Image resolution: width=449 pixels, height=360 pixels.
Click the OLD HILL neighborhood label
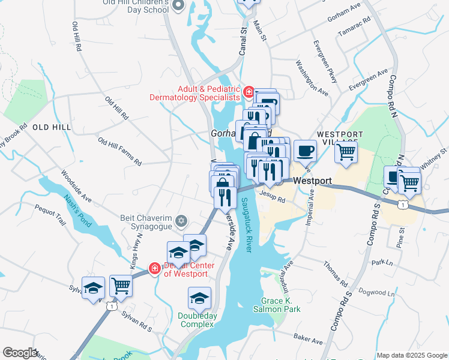[52, 127]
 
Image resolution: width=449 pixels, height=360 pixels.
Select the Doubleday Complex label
[196, 320]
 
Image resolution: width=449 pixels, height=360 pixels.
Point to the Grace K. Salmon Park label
[280, 305]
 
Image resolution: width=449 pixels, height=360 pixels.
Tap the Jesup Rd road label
[273, 196]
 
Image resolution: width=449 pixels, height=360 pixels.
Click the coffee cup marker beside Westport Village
[305, 150]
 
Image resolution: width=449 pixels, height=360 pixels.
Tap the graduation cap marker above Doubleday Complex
[200, 297]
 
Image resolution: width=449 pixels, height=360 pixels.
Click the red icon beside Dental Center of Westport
[154, 268]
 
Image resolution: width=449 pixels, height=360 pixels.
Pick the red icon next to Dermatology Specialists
[248, 92]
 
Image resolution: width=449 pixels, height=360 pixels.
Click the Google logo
[20, 353]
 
